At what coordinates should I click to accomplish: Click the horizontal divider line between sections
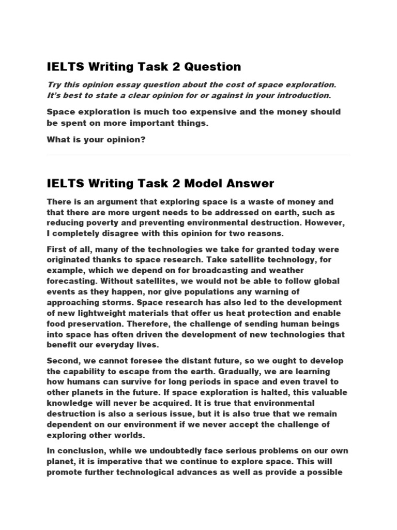coord(198,155)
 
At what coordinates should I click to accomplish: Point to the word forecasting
coord(71,281)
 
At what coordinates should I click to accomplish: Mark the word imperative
coord(120,461)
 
